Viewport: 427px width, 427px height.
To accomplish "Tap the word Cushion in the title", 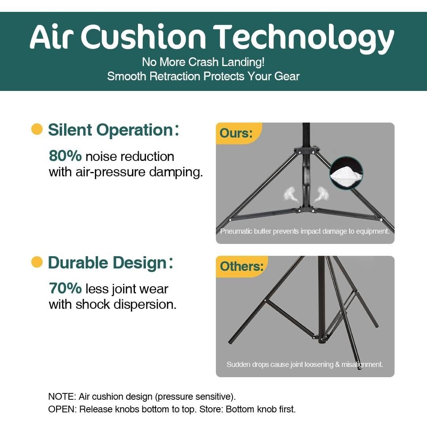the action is [x=143, y=37].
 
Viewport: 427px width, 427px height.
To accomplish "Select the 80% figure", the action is [x=65, y=156].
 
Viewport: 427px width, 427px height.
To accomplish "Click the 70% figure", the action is [x=65, y=288].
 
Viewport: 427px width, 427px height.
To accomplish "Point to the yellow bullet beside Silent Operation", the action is [x=37, y=129].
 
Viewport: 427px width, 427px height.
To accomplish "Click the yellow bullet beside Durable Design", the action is [x=37, y=262].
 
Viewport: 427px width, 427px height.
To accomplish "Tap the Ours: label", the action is [x=236, y=133].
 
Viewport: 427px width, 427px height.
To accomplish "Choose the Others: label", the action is [x=242, y=266].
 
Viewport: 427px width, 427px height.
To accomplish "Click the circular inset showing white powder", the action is [x=346, y=173].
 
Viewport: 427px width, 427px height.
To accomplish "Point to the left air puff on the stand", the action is [x=290, y=193].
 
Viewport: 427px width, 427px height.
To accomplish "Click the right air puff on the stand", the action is [x=321, y=194].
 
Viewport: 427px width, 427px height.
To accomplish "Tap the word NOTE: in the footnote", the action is [x=62, y=397].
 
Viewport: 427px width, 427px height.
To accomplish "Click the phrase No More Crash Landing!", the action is [x=203, y=62].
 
